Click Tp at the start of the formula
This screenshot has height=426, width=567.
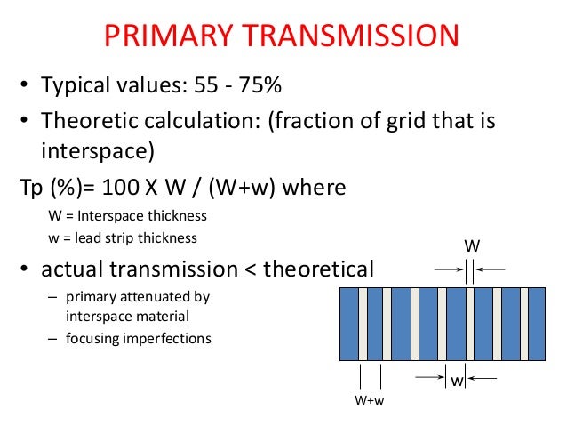pos(32,189)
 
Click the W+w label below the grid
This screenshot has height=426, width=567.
pos(370,400)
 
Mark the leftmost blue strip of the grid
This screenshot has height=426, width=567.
pos(350,322)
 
